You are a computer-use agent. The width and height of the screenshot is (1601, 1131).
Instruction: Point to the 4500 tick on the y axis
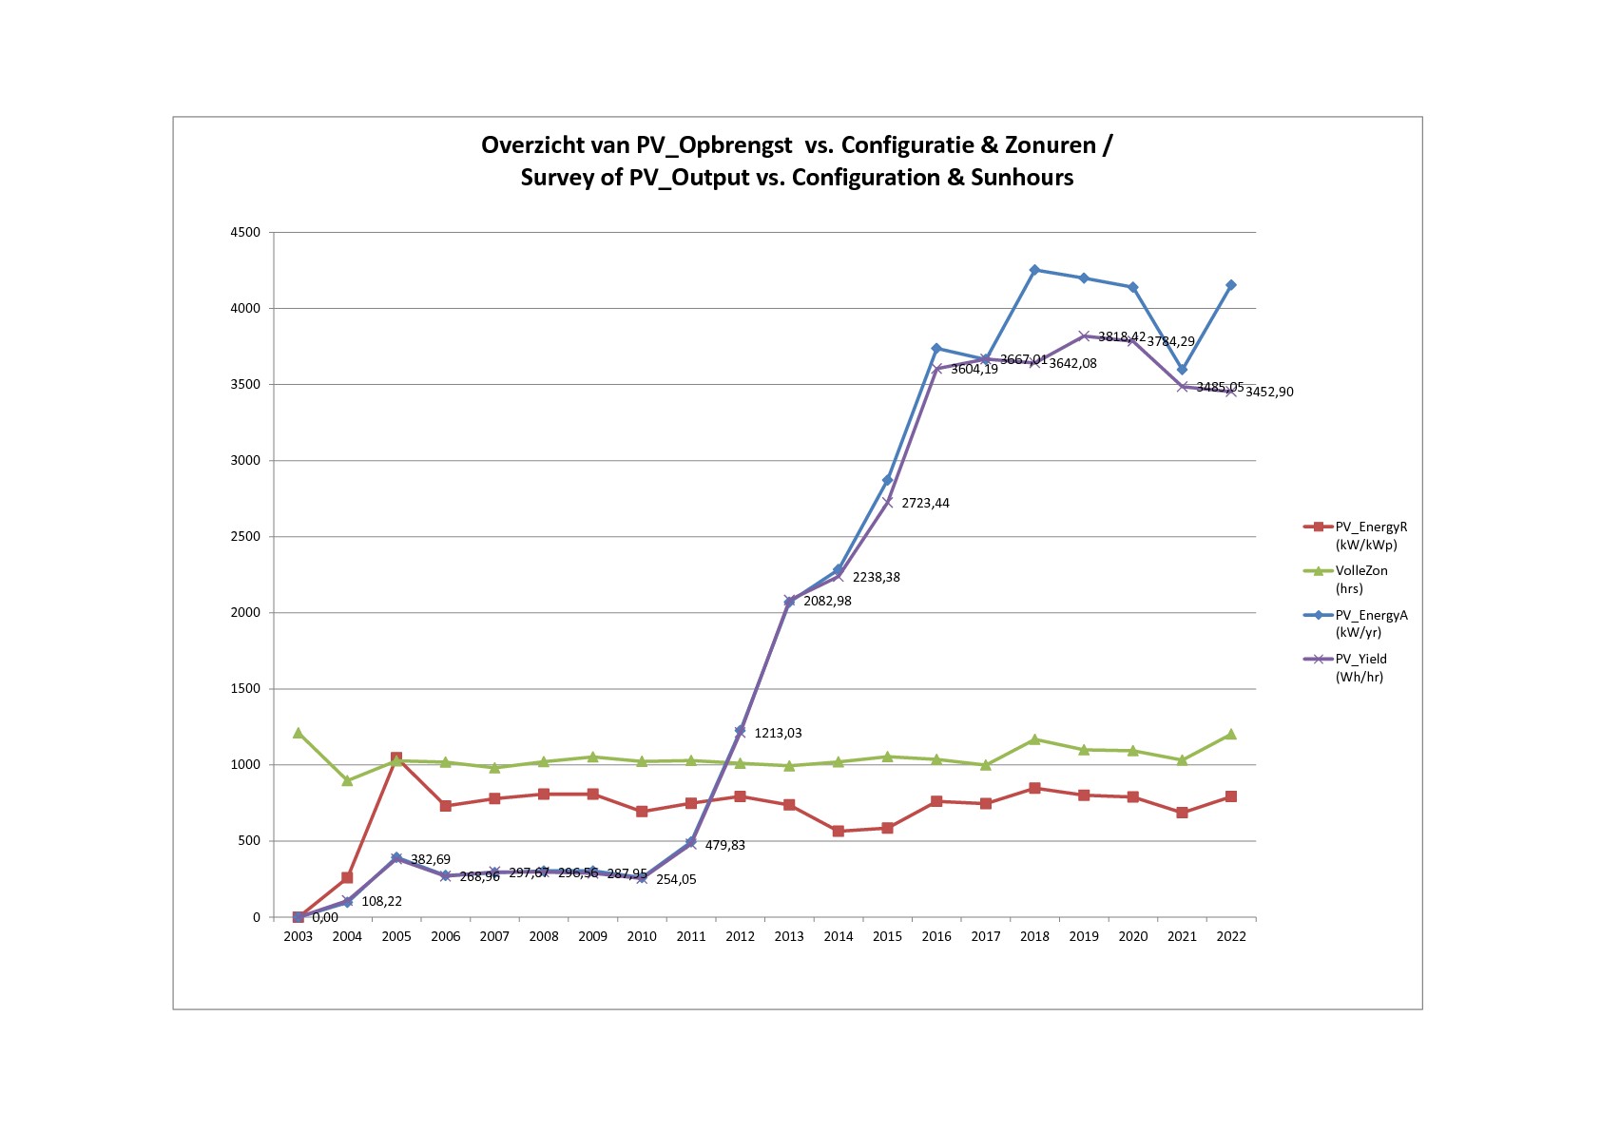244,232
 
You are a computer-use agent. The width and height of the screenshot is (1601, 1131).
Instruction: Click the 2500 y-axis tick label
244,537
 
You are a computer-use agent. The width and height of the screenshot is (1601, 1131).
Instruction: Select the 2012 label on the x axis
740,936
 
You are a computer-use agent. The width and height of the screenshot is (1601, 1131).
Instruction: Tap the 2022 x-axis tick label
1231,936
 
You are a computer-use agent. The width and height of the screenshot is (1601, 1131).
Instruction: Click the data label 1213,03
778,733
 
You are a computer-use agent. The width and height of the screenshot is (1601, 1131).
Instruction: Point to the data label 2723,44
925,503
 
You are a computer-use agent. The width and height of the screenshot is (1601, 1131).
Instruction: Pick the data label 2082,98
827,601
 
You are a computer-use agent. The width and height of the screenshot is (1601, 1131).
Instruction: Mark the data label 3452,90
1269,392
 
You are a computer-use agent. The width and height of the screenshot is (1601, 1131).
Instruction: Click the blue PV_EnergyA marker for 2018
1034,270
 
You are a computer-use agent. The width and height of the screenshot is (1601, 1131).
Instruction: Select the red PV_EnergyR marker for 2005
396,758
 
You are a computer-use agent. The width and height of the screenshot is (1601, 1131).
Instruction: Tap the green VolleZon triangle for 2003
299,733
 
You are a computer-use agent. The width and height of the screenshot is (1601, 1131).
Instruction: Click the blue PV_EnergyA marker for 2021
1182,370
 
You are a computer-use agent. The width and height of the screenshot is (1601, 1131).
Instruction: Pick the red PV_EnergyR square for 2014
839,831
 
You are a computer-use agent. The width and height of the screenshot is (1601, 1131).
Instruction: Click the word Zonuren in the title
1051,145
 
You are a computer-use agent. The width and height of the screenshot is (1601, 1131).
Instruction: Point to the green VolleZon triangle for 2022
1231,734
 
